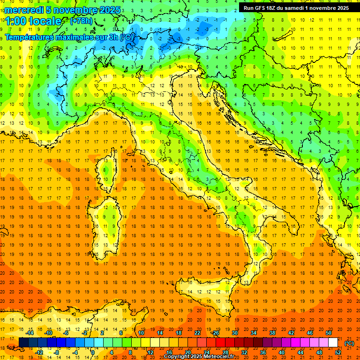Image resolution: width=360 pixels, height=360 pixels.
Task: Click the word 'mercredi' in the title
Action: click(x=24, y=10)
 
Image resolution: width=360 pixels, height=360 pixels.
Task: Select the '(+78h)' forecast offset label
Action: click(x=81, y=21)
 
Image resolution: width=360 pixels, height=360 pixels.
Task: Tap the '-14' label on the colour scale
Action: click(x=30, y=332)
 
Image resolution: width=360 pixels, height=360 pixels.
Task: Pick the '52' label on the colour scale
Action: click(x=337, y=352)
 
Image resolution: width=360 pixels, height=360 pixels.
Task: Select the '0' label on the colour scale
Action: click(x=93, y=352)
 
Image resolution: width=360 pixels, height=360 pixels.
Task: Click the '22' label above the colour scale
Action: click(x=197, y=332)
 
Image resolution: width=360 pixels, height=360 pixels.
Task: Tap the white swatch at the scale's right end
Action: click(x=333, y=342)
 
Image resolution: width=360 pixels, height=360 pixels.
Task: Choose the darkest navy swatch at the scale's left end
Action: click(x=23, y=342)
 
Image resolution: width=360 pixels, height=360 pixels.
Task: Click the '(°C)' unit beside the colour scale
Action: click(x=349, y=343)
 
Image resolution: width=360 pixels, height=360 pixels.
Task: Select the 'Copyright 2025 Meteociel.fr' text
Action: click(x=202, y=357)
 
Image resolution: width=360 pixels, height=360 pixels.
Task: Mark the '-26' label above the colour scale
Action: click(x=215, y=332)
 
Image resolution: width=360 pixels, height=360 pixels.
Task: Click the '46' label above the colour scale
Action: click(x=309, y=332)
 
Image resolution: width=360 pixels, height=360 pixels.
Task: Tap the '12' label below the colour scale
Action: click(x=150, y=352)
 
